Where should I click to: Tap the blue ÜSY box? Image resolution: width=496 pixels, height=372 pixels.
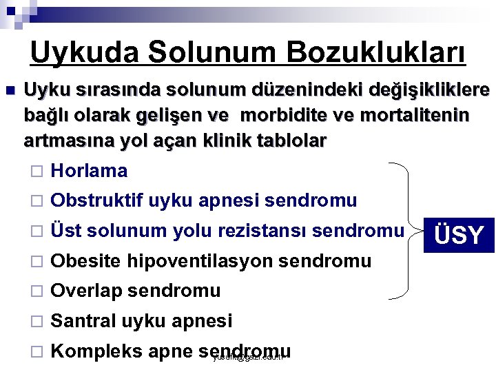click(459, 235)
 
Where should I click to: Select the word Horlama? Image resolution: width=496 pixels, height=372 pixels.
click(90, 171)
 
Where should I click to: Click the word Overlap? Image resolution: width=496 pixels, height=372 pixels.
click(87, 291)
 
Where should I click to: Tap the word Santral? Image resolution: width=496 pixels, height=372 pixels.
click(83, 320)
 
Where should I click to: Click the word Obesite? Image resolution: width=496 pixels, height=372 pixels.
click(86, 261)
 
